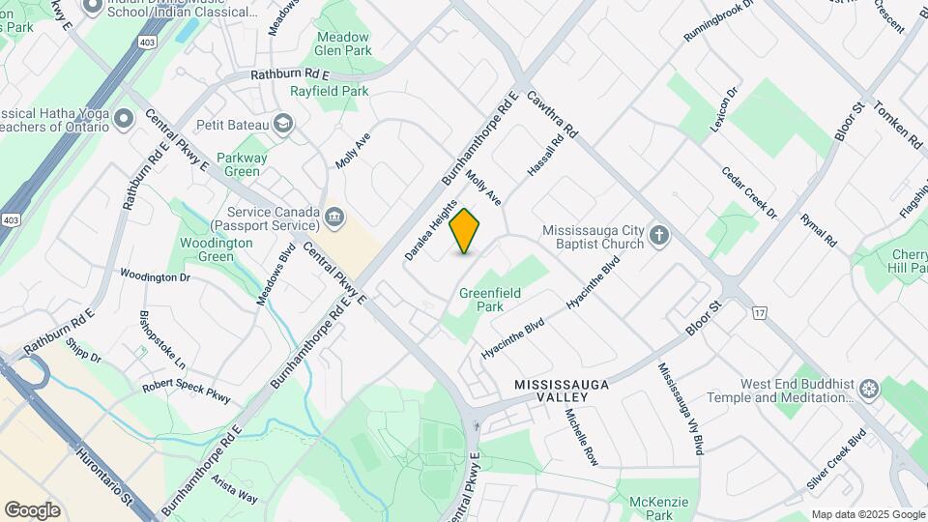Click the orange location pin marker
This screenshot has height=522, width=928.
(x=465, y=231)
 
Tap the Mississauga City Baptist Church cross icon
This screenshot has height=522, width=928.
(x=659, y=235)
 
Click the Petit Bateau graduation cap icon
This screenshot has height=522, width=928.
(x=283, y=123)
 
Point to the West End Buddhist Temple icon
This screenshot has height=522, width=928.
(x=870, y=389)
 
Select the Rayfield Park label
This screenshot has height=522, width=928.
(x=330, y=91)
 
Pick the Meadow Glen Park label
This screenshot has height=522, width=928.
(x=343, y=44)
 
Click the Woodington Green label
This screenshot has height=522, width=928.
(x=217, y=249)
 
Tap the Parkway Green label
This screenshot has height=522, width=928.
(x=242, y=164)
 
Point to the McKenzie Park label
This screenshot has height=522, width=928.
(x=660, y=508)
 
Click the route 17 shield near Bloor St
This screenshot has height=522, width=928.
(x=759, y=311)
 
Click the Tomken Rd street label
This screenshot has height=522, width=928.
(x=898, y=125)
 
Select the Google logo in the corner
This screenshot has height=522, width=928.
(x=32, y=509)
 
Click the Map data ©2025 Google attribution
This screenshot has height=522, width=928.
(x=867, y=514)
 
